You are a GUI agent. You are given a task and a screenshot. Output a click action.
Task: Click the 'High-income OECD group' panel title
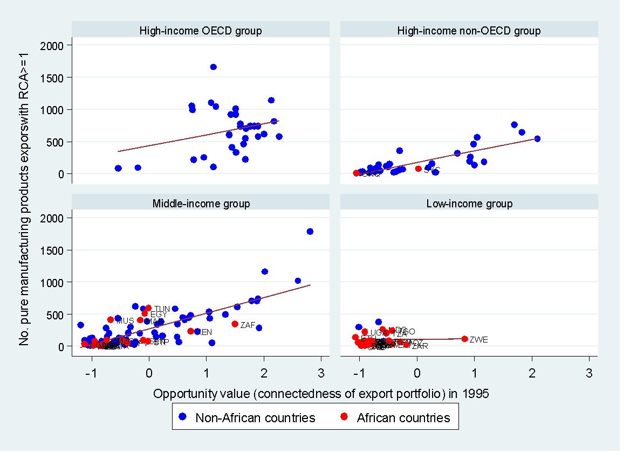click(x=200, y=31)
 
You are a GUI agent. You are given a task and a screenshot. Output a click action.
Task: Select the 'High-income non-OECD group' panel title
click(x=469, y=31)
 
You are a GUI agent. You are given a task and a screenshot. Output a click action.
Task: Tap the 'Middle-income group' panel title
click(x=201, y=204)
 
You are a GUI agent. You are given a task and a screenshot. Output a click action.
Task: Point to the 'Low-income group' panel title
click(x=469, y=204)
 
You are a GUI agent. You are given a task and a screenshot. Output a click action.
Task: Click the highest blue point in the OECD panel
click(x=213, y=67)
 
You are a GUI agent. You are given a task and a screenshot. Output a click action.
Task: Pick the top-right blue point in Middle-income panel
click(x=310, y=232)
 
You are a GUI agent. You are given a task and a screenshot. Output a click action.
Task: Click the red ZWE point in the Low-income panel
click(x=464, y=339)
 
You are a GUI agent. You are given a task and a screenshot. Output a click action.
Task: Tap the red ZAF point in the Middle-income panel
click(x=235, y=324)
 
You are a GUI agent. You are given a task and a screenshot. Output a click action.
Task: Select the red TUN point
click(x=148, y=308)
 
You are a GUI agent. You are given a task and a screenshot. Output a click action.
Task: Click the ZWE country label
click(x=478, y=340)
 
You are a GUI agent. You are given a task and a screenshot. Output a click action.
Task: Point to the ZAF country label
click(x=248, y=325)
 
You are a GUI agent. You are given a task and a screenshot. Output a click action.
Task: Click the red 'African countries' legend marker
click(x=346, y=417)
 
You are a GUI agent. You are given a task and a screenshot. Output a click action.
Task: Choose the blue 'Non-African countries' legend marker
click(x=183, y=417)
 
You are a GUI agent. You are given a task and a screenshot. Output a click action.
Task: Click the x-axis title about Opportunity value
click(x=321, y=394)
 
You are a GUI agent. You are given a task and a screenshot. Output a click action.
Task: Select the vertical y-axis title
click(x=24, y=195)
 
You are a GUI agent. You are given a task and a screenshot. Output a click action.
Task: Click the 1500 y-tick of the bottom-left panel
click(x=53, y=250)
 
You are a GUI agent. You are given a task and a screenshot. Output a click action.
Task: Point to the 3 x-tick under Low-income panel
click(x=589, y=373)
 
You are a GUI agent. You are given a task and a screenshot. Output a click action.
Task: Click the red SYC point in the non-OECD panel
click(x=418, y=169)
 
